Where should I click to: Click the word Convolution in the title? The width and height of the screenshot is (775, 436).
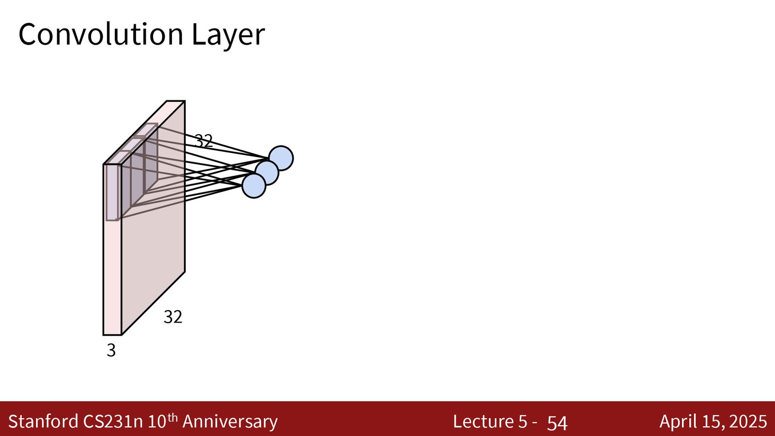point(101,34)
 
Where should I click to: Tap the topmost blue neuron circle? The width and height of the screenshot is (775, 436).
point(281,158)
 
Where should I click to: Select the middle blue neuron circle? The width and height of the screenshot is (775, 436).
point(267,172)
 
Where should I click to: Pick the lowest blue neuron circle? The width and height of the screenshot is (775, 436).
point(254,186)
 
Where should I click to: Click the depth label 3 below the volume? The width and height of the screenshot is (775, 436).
point(111,350)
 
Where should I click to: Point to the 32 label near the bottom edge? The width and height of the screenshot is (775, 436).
point(173,317)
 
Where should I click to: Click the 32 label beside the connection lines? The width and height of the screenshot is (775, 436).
point(204,141)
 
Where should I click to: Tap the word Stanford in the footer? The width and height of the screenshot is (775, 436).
point(43,421)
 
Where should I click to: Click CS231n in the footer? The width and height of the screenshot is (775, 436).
point(113,421)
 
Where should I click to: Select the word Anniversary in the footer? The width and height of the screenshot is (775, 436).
point(230,422)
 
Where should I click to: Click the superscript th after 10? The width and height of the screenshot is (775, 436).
point(172,417)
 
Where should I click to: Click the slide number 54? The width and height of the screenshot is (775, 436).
point(558,422)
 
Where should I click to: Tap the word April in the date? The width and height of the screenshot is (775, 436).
point(677,422)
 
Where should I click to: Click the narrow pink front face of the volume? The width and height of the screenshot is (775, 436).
point(112,277)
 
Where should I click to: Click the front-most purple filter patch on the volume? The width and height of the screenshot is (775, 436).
point(112,192)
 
